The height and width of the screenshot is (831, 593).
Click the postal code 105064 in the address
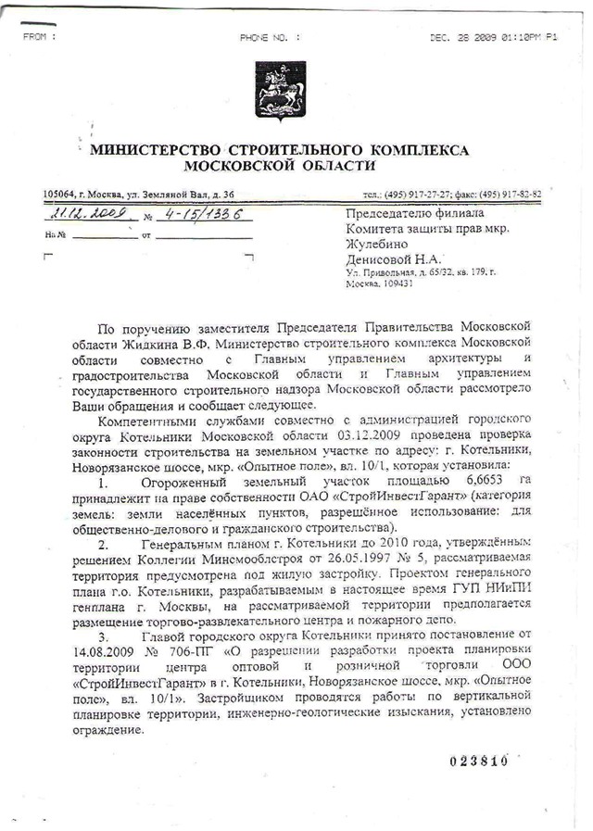coord(60,195)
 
